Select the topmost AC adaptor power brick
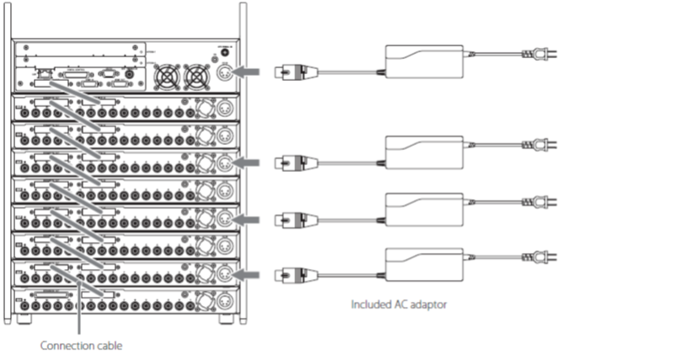425,62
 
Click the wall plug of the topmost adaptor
540,55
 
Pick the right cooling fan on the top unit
197,78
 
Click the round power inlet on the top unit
226,74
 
